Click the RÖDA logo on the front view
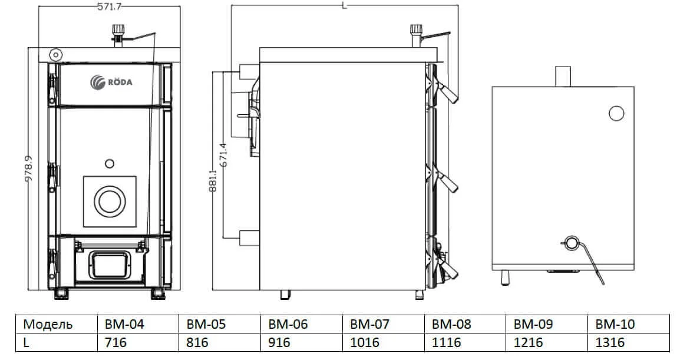111,82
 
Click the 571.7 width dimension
109,6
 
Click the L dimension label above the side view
344,6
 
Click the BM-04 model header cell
124,324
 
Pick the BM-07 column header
369,324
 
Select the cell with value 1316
610,342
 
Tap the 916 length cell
279,342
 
